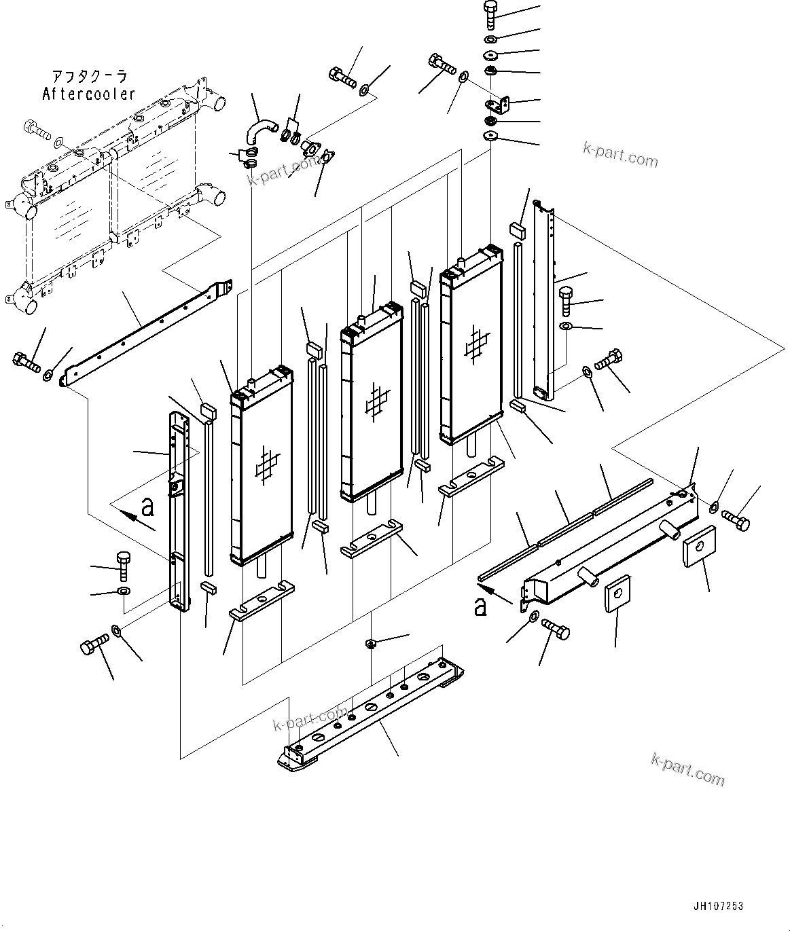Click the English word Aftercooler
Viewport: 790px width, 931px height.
[89, 94]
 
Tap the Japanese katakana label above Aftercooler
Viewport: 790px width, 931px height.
[89, 76]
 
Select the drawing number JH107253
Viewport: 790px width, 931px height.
[718, 906]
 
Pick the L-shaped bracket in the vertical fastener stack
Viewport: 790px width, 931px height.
[499, 104]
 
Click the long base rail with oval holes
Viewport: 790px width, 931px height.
[370, 712]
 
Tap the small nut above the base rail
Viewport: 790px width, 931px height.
[371, 642]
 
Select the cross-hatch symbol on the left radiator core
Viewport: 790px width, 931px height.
[266, 467]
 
